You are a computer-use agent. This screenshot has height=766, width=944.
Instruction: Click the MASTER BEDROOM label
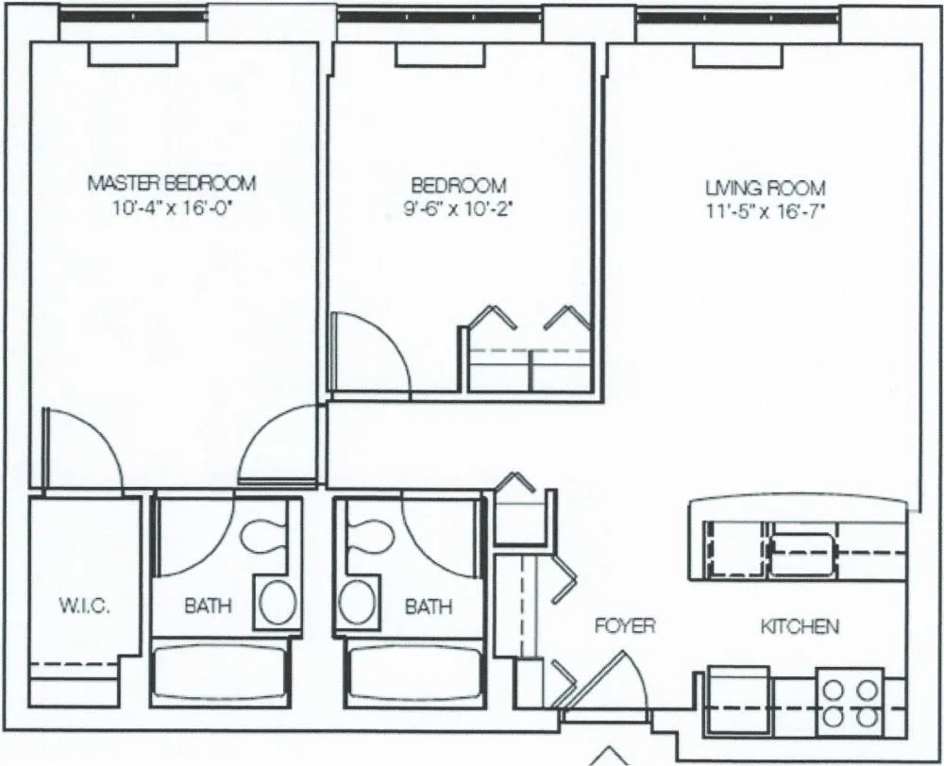171,182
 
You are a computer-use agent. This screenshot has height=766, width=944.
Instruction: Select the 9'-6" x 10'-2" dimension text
451,210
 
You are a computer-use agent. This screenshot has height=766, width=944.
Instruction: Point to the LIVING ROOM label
766,188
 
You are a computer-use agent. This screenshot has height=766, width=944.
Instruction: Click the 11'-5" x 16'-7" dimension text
766,212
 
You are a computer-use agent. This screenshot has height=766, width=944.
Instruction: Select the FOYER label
624,625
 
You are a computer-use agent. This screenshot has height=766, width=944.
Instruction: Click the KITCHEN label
800,625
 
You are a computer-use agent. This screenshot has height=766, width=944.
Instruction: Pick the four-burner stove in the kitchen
850,701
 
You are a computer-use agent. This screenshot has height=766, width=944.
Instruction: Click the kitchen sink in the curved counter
801,554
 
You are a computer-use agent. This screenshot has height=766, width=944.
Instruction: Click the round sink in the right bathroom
357,602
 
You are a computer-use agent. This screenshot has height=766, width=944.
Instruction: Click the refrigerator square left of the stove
738,699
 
